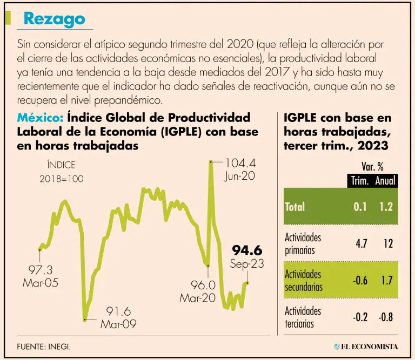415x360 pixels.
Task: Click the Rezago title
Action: (55, 19)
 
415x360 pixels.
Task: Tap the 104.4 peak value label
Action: (240, 162)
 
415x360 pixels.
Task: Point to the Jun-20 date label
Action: (240, 176)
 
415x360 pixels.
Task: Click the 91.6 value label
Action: (118, 311)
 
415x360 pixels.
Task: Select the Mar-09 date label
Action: (118, 324)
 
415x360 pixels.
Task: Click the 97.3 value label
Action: (40, 270)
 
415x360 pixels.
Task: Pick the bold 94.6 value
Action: (247, 250)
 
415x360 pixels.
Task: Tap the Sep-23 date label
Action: (247, 264)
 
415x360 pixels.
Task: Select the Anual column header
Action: (386, 181)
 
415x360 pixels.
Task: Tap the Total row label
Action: (295, 207)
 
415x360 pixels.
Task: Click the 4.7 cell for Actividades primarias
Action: (361, 244)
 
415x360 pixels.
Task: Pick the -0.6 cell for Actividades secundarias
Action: (360, 280)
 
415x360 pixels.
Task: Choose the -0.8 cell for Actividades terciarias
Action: (385, 317)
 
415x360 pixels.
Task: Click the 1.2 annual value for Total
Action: (386, 207)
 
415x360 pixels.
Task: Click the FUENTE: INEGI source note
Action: (44, 347)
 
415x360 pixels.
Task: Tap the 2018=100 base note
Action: (62, 179)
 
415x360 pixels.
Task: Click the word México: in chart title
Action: (41, 118)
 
